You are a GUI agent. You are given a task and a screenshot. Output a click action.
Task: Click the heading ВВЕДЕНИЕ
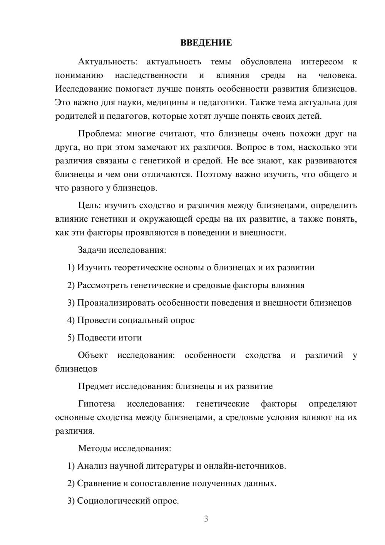206,43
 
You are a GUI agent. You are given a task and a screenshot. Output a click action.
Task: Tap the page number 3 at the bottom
206,519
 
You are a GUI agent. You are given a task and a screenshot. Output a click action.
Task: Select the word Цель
89,205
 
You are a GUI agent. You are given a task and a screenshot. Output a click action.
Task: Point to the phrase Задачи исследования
122,250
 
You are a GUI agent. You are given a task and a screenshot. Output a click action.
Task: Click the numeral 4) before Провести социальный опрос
71,320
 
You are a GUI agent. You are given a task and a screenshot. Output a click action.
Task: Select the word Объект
93,355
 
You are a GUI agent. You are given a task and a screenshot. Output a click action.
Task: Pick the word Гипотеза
96,404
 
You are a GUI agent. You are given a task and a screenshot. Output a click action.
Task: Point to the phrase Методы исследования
124,448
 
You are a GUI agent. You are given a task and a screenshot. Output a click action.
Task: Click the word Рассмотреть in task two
102,285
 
